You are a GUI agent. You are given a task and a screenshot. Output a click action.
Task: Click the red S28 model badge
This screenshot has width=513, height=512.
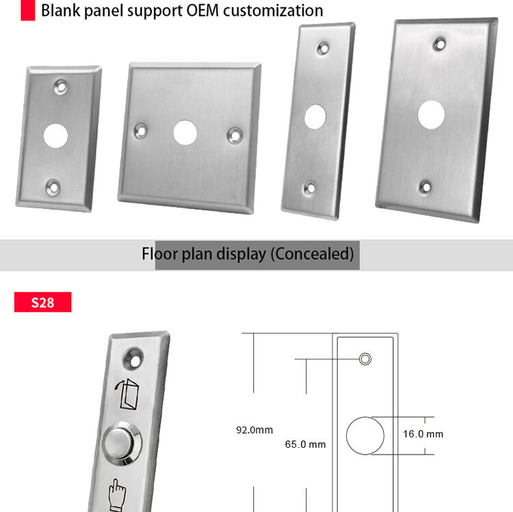point(43,302)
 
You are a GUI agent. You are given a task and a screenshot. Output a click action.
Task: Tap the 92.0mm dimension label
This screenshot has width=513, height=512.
point(254,430)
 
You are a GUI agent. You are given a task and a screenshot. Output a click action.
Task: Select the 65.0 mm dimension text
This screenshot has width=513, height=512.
point(305,444)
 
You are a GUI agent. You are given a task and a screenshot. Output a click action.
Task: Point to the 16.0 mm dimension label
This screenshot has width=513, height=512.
point(423,434)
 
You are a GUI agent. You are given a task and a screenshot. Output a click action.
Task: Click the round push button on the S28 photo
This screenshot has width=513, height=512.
point(122,444)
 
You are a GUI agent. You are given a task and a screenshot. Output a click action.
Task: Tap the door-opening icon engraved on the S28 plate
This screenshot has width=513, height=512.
point(127,394)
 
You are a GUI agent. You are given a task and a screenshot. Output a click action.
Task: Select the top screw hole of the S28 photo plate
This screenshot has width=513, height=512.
point(134,360)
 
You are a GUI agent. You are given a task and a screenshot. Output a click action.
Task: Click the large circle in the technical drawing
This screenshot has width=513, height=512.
point(365,436)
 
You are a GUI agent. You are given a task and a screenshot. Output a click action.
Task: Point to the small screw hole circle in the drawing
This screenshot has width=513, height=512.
point(365,359)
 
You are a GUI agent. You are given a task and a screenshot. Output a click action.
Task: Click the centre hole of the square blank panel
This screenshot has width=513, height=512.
point(185,133)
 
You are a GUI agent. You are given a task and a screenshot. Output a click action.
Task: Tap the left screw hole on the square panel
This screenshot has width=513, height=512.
point(141,131)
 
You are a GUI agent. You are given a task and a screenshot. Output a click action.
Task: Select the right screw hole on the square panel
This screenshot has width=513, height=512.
point(235,135)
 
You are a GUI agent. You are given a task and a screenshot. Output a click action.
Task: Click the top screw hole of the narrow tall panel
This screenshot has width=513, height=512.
point(324,49)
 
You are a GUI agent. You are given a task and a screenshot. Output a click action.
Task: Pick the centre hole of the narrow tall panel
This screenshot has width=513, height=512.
point(315,116)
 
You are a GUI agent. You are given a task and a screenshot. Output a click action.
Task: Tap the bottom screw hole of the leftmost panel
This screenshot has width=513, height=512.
point(53,188)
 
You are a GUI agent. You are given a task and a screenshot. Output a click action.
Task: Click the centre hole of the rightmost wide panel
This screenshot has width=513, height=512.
point(431,114)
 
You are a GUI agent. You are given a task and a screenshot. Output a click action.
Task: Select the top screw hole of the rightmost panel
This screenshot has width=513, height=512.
point(439,44)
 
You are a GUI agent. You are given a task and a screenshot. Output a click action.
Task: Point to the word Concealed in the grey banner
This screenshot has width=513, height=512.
point(313,254)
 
